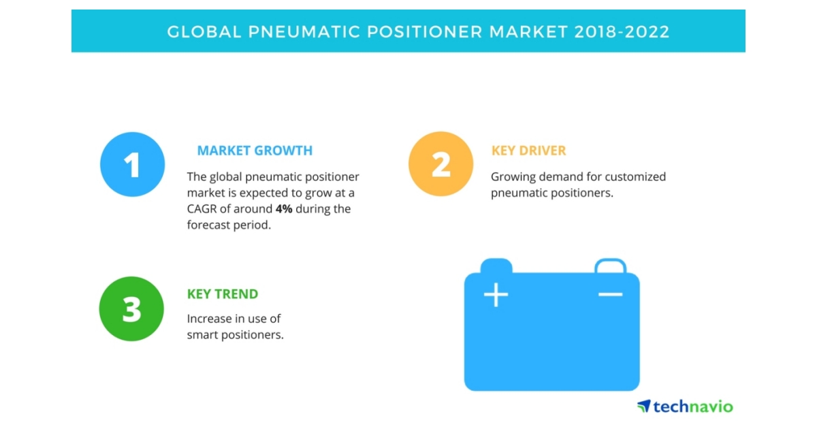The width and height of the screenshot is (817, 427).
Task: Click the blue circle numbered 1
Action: tap(132, 164)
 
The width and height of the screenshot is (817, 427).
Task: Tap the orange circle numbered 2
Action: tap(440, 164)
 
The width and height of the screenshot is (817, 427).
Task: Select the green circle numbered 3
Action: tap(131, 309)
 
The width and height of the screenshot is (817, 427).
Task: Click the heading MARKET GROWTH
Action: tap(255, 151)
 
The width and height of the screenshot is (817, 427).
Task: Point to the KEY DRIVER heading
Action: tap(528, 151)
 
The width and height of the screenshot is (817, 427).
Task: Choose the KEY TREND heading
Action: tap(223, 294)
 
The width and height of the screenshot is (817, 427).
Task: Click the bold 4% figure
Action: tap(284, 209)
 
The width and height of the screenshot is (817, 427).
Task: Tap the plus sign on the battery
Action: tap(496, 295)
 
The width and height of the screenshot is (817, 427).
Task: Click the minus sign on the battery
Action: tap(610, 294)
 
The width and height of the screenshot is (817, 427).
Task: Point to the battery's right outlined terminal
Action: tap(610, 265)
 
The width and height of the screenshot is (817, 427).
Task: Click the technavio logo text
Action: tap(693, 407)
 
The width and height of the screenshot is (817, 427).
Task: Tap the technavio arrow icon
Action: tap(643, 407)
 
